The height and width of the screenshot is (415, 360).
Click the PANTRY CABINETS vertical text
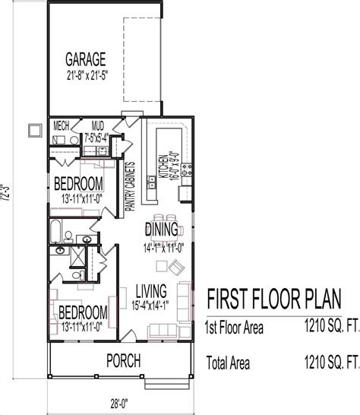click(x=130, y=186)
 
